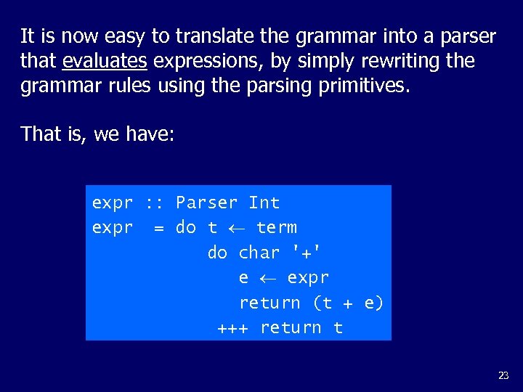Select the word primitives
[x=364, y=86]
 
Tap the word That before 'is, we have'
[x=39, y=134]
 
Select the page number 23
[x=503, y=375]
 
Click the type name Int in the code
[x=264, y=203]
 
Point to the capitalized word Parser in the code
[x=206, y=203]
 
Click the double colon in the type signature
[x=154, y=203]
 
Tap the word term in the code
[x=276, y=227]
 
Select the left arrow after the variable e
[x=267, y=278]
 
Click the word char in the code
[x=259, y=253]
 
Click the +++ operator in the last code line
[x=232, y=328]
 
